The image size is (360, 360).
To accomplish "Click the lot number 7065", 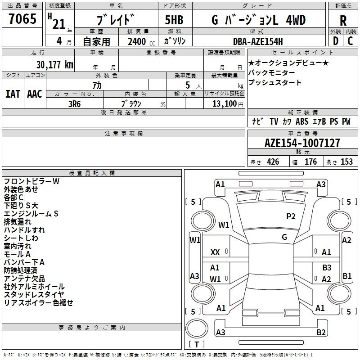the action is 22,18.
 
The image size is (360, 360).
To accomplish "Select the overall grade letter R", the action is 343,21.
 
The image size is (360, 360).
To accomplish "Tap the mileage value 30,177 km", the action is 55,65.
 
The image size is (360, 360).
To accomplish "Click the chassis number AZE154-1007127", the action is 302,143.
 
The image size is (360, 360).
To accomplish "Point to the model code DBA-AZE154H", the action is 258,41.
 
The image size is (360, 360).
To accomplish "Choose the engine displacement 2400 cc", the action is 141,41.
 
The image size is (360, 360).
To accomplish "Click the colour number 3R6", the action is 74,104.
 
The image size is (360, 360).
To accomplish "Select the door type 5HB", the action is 174,20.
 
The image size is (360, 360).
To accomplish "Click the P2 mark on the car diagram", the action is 291,216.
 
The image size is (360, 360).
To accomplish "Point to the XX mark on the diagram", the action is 215,252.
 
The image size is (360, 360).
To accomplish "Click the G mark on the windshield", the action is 284,237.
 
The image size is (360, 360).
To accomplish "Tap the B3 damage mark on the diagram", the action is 327,267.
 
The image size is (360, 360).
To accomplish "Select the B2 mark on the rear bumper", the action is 321,332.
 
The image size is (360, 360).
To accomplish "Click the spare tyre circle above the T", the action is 197,328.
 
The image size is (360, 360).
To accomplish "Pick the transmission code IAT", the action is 13,94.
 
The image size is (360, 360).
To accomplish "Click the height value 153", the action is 346,162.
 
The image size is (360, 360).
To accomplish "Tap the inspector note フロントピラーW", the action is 31,181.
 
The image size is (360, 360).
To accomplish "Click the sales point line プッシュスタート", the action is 274,82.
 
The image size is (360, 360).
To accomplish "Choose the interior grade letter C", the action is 350,41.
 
